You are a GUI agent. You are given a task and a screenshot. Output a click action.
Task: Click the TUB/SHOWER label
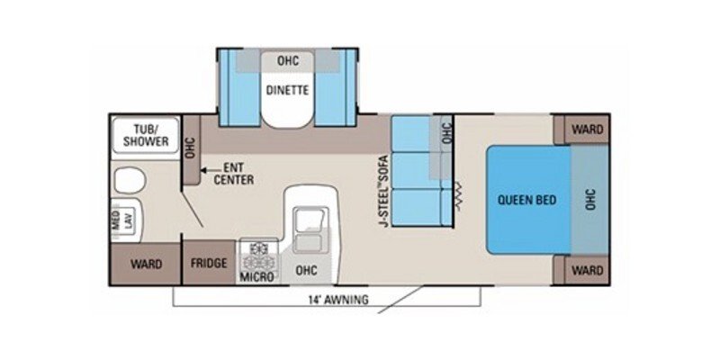140,134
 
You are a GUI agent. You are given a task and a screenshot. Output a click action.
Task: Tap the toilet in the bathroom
129,180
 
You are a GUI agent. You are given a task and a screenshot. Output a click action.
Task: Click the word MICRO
256,277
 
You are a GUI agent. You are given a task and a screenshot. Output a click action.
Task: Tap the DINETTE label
287,89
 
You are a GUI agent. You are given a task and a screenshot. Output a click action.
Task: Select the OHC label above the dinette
287,61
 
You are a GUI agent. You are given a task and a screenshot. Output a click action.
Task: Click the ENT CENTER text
233,174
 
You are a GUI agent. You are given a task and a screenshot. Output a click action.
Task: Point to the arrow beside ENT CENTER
205,168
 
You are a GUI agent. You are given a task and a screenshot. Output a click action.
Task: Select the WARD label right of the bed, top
586,129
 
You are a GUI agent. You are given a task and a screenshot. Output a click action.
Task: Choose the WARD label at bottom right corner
586,270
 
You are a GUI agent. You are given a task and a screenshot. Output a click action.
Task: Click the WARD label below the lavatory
145,264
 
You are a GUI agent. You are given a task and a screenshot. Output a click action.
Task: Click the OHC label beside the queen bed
590,200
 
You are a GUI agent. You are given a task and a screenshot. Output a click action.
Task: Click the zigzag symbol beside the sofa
460,193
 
